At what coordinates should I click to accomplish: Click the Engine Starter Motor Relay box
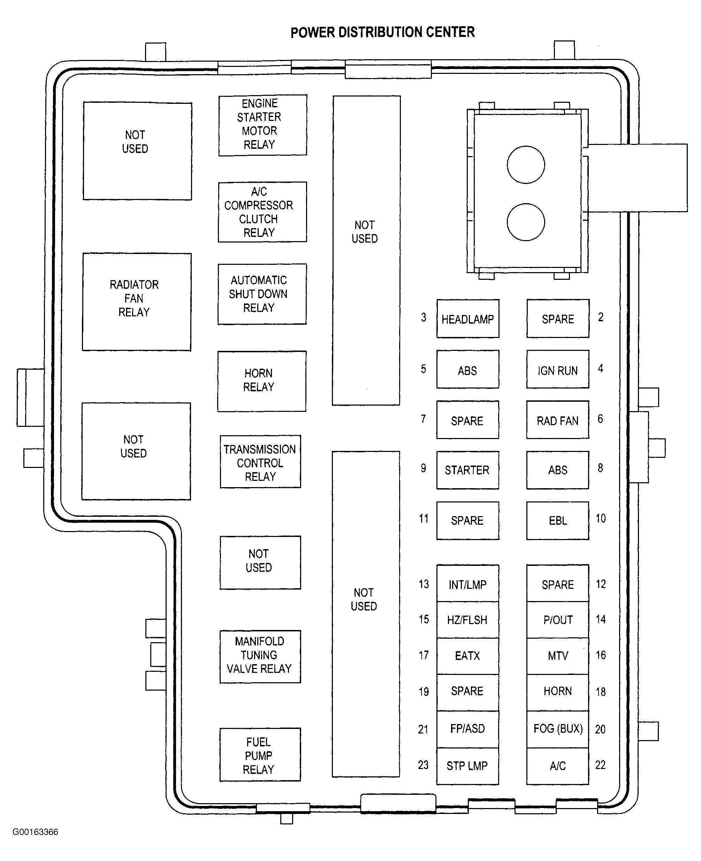coord(262,125)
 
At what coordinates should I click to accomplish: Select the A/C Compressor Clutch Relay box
coord(262,212)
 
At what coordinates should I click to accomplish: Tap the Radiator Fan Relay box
coord(137,302)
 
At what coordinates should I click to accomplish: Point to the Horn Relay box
coord(262,382)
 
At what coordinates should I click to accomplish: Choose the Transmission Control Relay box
coord(260,461)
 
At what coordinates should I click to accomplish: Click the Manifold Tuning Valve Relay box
coord(260,657)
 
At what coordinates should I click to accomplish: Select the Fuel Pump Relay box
coord(260,754)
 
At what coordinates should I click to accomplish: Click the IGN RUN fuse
coord(558,369)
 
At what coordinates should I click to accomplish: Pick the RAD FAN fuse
coord(558,420)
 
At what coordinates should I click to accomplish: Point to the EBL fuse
coord(558,521)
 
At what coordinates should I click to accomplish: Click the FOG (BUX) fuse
coord(558,729)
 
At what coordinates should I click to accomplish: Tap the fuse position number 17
coord(424,655)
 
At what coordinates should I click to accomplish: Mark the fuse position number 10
coord(601,518)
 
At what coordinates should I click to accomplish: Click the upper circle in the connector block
coord(526,165)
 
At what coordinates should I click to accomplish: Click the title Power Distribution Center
coord(382,32)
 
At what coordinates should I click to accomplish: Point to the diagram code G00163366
coord(36,832)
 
